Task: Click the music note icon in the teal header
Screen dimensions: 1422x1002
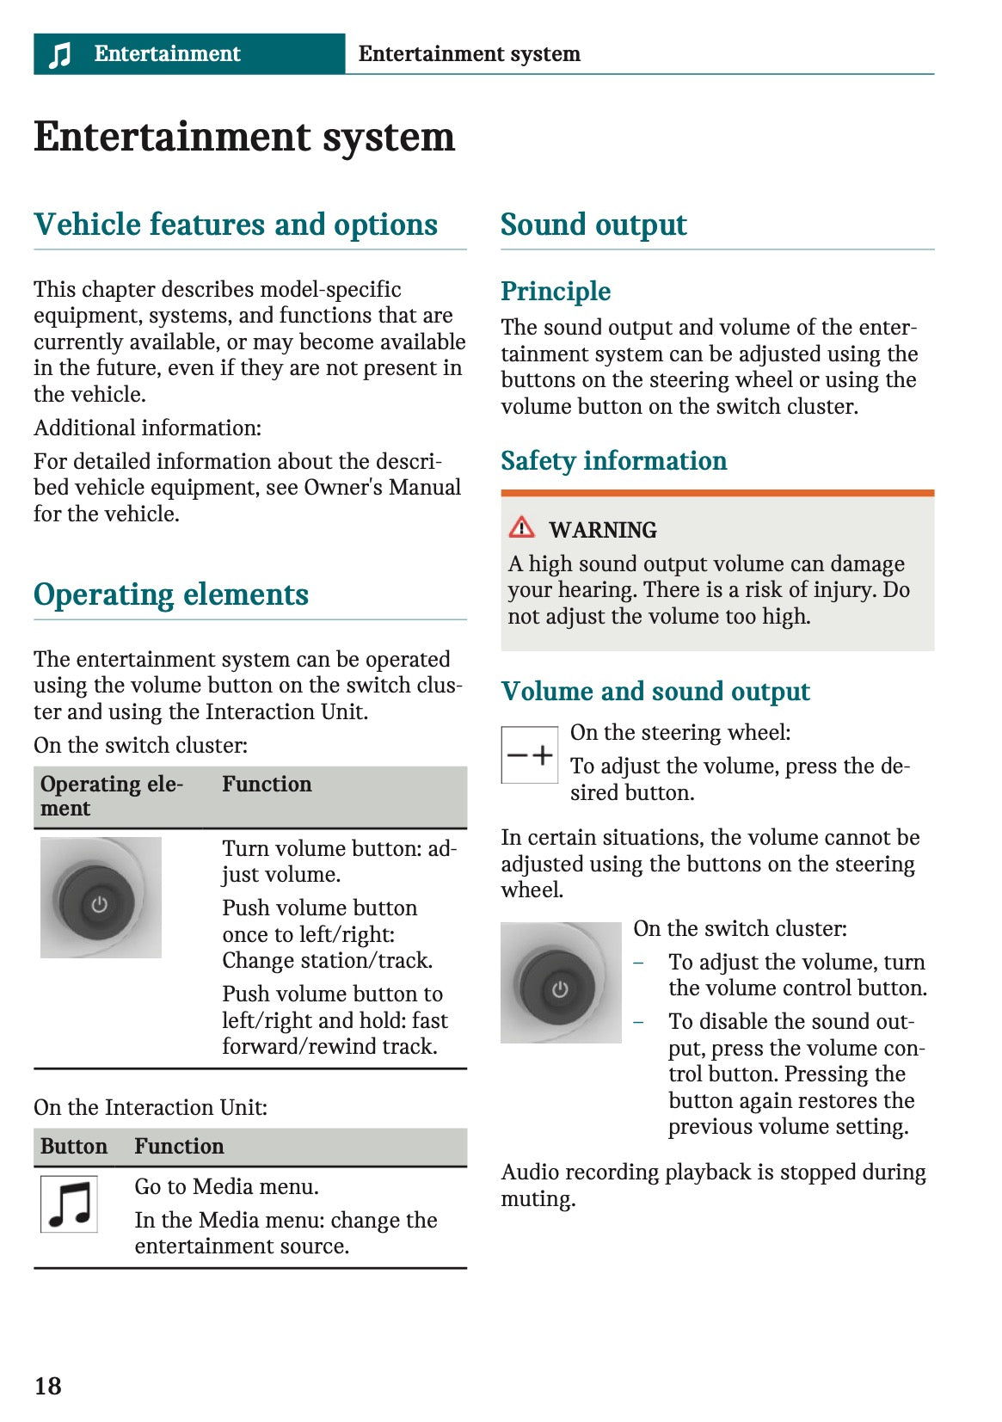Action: (59, 55)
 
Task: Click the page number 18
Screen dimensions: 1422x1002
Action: (48, 1386)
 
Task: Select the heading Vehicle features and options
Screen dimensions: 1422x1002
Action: (236, 225)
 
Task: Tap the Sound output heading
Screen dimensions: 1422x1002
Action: (593, 225)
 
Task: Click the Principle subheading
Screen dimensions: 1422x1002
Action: (556, 292)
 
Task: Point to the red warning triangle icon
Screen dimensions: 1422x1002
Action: (521, 526)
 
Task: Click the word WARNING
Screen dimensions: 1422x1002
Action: (603, 530)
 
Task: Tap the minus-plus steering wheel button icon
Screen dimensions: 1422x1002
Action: (530, 755)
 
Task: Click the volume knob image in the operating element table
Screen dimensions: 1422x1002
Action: (101, 898)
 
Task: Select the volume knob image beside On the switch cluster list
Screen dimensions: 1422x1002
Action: (561, 983)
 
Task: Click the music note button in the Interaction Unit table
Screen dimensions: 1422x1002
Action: (70, 1204)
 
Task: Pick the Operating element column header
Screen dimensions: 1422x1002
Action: (111, 797)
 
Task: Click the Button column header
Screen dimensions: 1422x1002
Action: (74, 1147)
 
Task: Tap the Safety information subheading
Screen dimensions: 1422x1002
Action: (613, 461)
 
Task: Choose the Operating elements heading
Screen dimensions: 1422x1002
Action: (171, 595)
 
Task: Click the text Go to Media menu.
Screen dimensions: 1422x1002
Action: (226, 1187)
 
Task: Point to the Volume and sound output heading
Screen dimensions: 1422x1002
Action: (655, 692)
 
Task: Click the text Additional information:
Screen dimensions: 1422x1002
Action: (147, 428)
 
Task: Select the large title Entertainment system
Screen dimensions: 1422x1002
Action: (244, 138)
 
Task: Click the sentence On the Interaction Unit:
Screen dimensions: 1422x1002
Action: (151, 1108)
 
